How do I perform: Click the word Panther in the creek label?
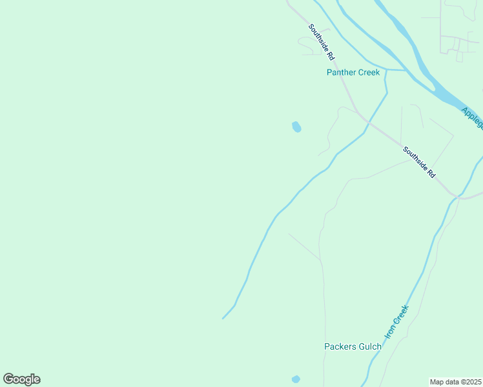341,72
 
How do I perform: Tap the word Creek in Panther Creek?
369,72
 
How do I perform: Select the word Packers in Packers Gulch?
340,346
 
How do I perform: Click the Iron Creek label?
396,322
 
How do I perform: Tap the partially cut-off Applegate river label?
472,117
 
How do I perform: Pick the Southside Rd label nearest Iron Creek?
420,163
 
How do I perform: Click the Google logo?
21,379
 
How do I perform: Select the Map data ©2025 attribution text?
455,382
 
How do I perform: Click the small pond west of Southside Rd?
296,127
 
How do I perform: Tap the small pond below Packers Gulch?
296,379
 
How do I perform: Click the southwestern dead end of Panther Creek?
223,317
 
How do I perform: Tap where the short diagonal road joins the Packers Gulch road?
320,261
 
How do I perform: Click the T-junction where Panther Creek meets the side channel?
386,69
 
